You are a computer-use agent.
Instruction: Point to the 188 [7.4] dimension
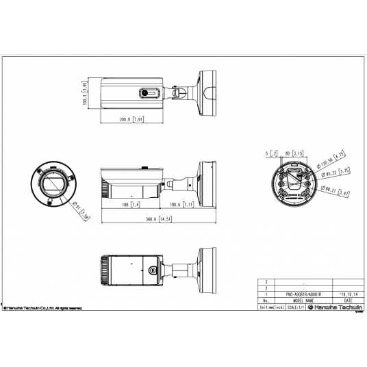[130, 204]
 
